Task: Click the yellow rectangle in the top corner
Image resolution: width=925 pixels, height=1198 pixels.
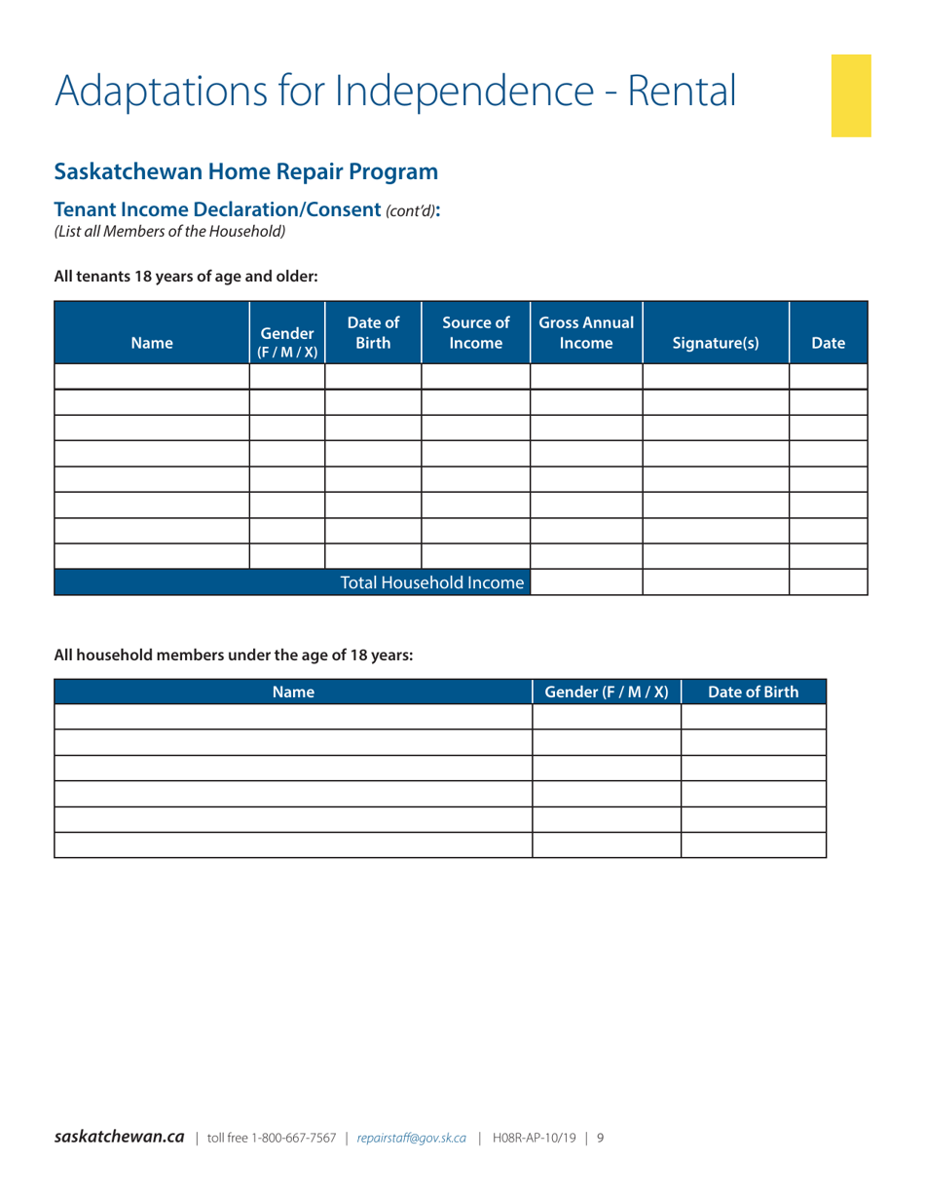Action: coord(851,95)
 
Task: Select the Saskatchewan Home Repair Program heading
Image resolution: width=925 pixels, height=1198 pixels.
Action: coord(245,172)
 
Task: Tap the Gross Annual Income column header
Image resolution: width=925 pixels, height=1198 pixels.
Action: coord(586,333)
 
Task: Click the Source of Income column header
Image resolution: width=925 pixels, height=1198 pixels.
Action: coord(475,333)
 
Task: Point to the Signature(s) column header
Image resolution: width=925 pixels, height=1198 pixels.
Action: coord(716,343)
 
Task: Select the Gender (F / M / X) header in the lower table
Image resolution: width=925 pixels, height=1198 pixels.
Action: coord(607,693)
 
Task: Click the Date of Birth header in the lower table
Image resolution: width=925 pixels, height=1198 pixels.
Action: coord(753,693)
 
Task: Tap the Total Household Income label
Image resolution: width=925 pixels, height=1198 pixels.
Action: coord(431,582)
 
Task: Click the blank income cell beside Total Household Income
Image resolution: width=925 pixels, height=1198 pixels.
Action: coord(586,582)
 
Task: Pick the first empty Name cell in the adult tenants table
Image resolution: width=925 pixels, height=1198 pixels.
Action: coord(152,376)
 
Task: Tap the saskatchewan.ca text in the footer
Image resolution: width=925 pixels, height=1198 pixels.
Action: coord(119,1137)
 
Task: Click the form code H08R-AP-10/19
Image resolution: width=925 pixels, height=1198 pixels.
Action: coord(534,1137)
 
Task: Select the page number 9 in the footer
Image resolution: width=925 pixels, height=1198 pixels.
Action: coord(601,1137)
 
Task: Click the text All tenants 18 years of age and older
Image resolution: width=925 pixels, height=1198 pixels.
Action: coord(186,276)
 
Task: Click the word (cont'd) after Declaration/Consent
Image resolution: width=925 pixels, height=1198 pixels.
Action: coord(409,210)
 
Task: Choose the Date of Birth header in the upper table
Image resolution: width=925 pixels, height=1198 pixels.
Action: coord(373,333)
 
